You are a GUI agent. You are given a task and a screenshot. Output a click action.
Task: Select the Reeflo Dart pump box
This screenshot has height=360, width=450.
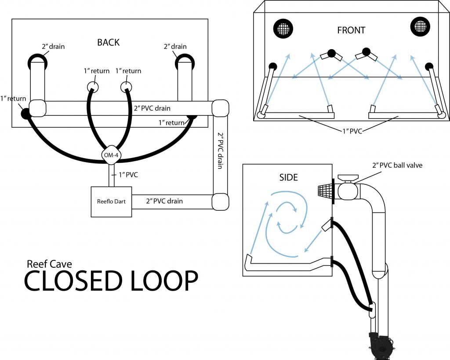click(111, 202)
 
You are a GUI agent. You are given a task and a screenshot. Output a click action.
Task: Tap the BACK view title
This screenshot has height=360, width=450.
click(108, 43)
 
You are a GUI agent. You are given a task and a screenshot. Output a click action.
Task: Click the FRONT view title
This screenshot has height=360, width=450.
click(351, 30)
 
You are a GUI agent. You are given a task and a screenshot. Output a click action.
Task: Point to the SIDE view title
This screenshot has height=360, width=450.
click(288, 177)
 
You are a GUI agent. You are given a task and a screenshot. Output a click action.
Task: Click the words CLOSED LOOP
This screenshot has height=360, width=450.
click(111, 281)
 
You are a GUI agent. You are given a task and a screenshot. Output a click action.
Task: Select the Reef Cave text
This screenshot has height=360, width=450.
click(49, 264)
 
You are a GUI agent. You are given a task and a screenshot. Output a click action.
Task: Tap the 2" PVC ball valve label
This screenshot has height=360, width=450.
click(396, 166)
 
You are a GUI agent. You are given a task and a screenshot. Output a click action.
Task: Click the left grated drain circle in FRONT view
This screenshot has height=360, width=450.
click(283, 29)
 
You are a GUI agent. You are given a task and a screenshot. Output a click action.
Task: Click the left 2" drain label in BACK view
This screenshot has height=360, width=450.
click(53, 47)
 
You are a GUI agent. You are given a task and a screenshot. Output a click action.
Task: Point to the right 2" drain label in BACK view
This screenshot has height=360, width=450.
click(175, 47)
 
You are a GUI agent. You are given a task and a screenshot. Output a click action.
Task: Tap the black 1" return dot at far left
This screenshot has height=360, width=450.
click(25, 113)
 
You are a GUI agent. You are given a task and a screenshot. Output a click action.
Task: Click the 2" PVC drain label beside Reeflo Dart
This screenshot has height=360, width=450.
click(164, 201)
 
